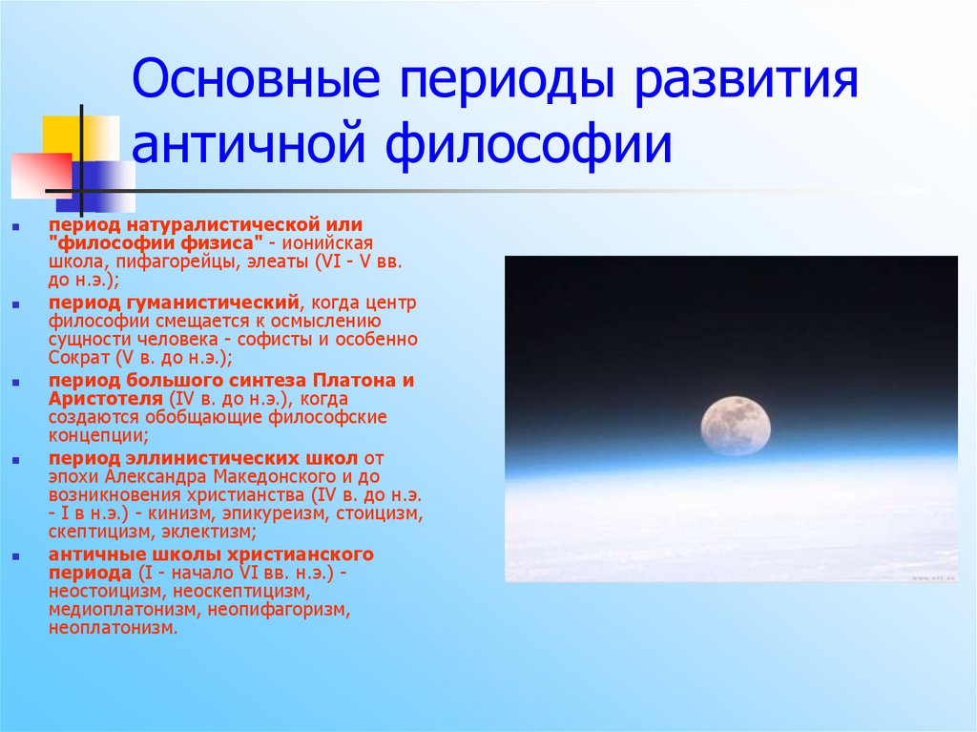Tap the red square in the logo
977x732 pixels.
pos(40,174)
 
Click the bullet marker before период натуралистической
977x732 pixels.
pos(18,226)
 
